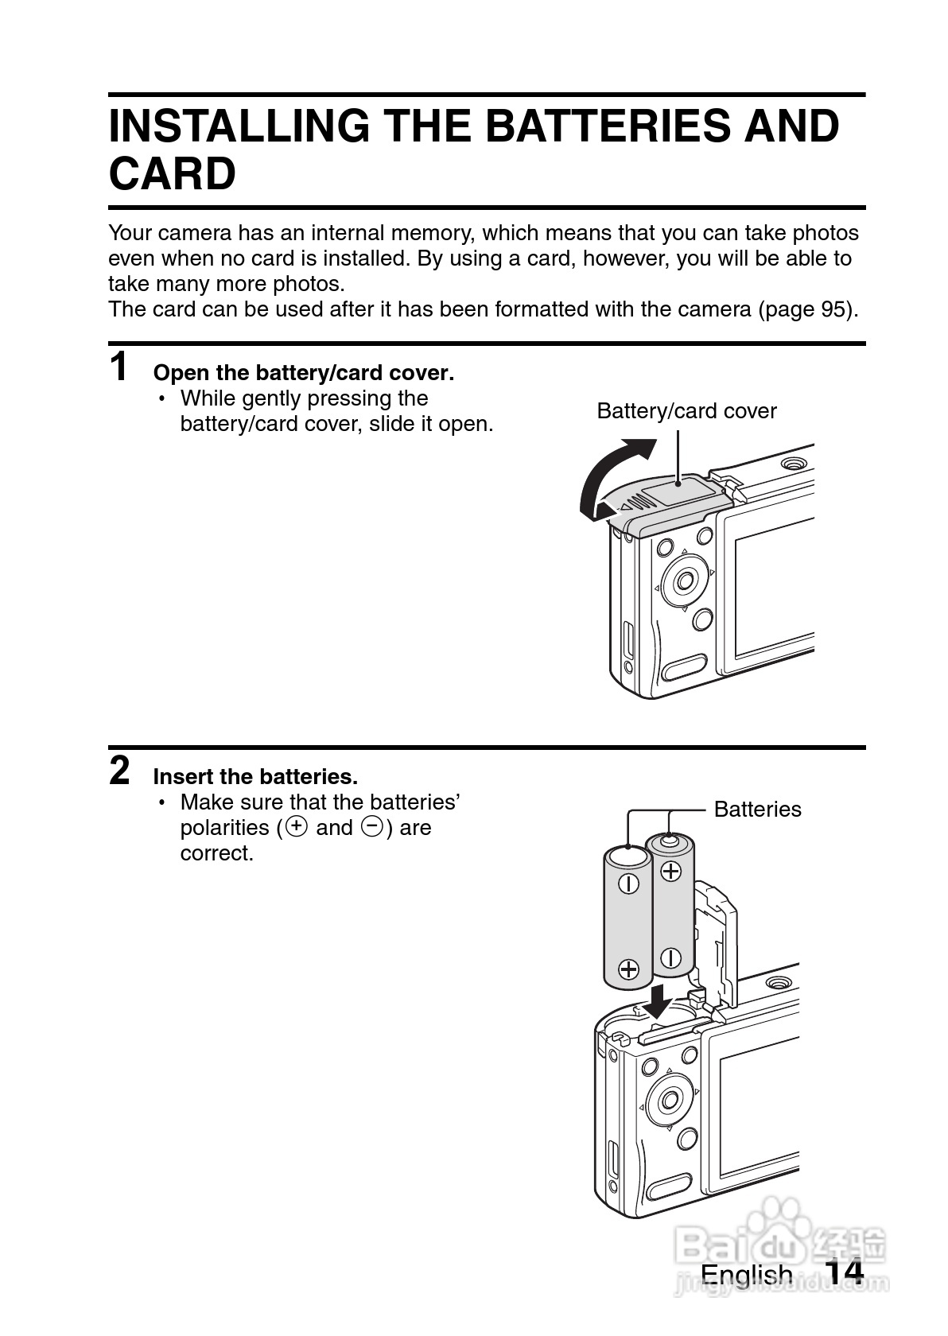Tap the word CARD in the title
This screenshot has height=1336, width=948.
[172, 174]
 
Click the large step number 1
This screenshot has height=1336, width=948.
[118, 367]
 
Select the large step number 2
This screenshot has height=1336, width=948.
[119, 771]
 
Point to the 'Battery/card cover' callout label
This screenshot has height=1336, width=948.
[686, 411]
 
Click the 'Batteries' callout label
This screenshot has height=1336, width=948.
[757, 810]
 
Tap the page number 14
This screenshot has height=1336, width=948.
[843, 1273]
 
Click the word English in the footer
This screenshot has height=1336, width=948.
[746, 1275]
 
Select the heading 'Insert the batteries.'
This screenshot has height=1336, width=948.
[255, 776]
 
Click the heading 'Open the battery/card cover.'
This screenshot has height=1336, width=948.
[303, 373]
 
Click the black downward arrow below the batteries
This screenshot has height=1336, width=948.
[659, 1000]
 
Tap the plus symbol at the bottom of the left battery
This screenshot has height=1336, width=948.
[628, 969]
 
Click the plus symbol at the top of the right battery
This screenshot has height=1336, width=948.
[671, 871]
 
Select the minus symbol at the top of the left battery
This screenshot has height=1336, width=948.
[628, 884]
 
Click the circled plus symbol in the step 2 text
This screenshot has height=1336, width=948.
[297, 827]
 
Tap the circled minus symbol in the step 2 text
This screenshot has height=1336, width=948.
[372, 827]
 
